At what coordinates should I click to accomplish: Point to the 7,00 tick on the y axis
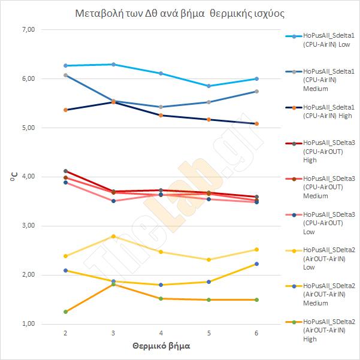click(28, 29)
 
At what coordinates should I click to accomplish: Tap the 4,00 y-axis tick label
click(28, 177)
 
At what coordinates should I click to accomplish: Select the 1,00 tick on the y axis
click(28, 324)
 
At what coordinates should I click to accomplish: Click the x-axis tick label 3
click(113, 332)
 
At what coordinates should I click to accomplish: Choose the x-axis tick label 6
click(256, 332)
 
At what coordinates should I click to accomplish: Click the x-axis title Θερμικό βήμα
click(161, 346)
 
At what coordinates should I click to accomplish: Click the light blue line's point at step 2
click(65, 65)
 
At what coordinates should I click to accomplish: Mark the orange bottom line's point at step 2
click(65, 311)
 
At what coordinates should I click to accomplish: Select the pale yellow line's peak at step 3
click(113, 236)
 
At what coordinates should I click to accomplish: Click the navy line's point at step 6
click(256, 123)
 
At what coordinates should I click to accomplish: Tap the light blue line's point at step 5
click(208, 86)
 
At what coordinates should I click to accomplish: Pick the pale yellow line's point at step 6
click(256, 249)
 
